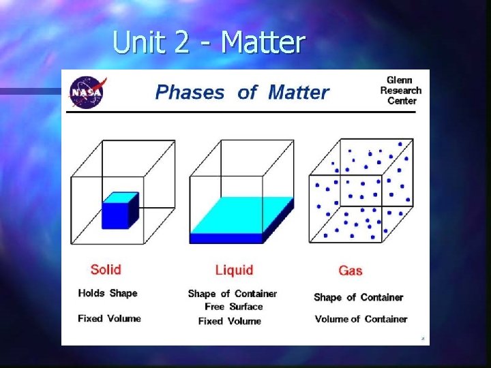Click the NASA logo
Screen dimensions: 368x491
pos(89,92)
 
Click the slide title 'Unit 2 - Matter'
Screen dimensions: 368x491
pos(208,42)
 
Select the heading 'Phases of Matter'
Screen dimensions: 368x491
pos(242,93)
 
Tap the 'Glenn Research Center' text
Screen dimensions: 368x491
pos(400,91)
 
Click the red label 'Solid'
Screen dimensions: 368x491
pos(106,269)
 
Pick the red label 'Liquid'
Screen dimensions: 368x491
pos(234,271)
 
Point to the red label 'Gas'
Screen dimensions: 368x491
pos(350,271)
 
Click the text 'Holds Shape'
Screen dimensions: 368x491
pos(107,293)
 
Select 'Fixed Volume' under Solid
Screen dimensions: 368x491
pos(109,318)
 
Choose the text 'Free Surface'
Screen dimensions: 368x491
pos(233,307)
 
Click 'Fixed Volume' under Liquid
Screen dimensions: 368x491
pos(230,321)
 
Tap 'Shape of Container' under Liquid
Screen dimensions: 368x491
pos(233,294)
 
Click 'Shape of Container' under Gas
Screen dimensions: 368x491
pos(358,297)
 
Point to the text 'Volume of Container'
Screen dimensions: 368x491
pos(361,319)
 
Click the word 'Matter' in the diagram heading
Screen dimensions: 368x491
pos(299,93)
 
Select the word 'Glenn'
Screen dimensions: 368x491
pos(400,80)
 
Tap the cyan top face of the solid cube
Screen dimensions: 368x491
pos(122,197)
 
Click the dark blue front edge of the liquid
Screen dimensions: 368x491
pos(226,239)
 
